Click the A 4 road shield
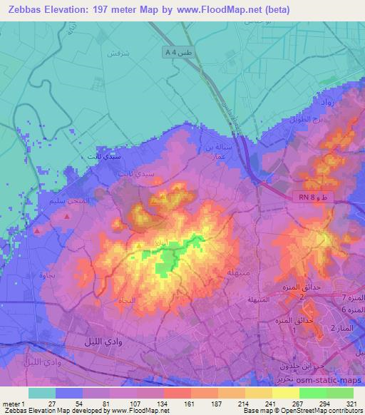click(170, 51)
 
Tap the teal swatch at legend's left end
click(42, 393)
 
